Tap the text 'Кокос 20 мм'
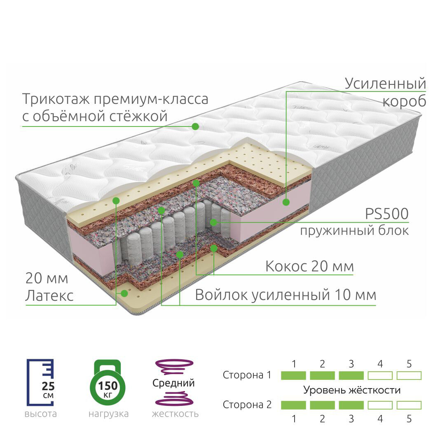[x=309, y=266]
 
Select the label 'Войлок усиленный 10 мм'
[x=285, y=295]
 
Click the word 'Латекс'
[x=49, y=295]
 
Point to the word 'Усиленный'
[x=385, y=83]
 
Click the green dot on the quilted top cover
[x=195, y=126]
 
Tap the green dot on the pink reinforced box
[x=286, y=202]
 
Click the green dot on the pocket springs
[x=213, y=222]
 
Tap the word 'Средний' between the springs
[x=173, y=383]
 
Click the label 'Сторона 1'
[x=247, y=375]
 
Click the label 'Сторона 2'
[x=247, y=405]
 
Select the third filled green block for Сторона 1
[x=351, y=375]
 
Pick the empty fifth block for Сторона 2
[x=409, y=405]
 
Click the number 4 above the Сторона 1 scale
[x=380, y=364]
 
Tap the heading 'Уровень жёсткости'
[x=351, y=390]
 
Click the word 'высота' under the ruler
[x=40, y=414]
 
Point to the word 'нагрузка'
[x=108, y=414]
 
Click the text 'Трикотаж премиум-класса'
[x=115, y=99]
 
